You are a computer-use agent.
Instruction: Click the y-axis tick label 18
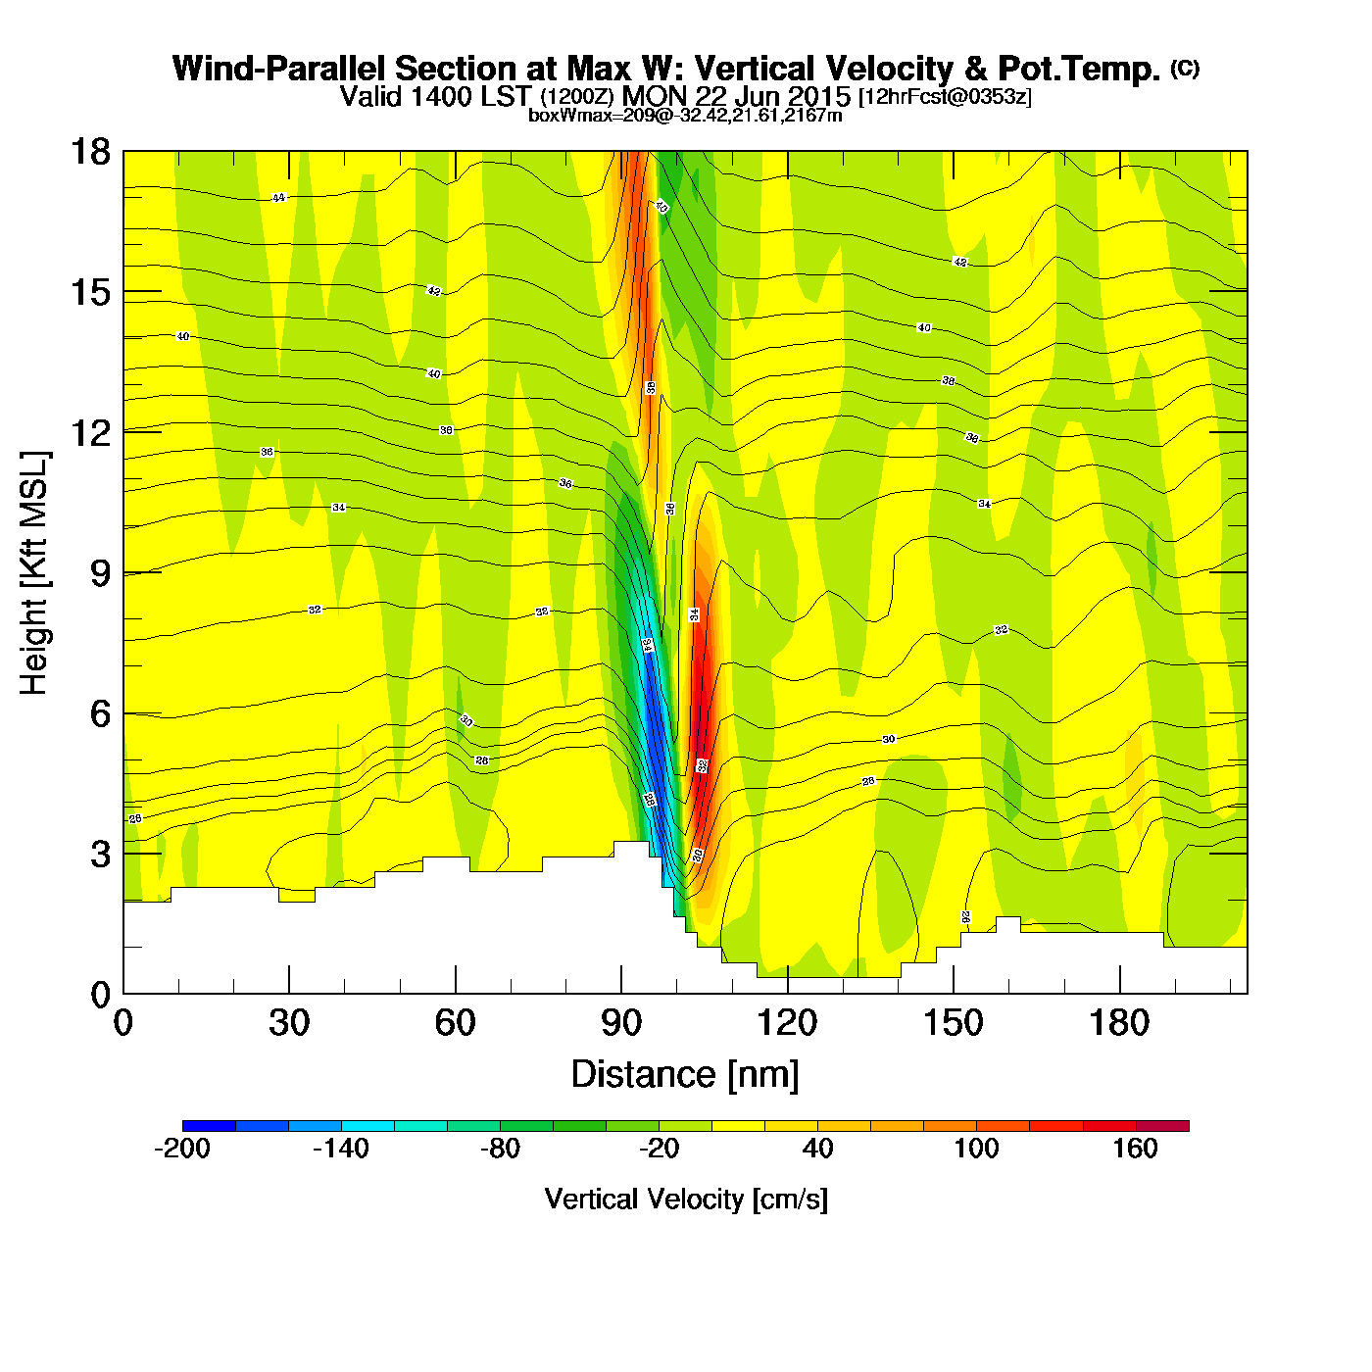[90, 152]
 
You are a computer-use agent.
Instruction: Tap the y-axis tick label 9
[100, 573]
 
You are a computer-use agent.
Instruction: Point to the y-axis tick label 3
[100, 855]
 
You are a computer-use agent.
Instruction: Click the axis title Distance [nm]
[685, 1075]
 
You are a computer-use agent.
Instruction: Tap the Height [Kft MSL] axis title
[34, 573]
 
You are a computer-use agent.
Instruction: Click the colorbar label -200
[182, 1149]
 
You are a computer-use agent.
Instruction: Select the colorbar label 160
[1135, 1149]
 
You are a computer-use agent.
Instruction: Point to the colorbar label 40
[817, 1149]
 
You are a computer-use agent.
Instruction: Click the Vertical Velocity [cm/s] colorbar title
[686, 1199]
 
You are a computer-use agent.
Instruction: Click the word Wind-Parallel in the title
[280, 69]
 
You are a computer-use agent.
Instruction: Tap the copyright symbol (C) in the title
[1184, 68]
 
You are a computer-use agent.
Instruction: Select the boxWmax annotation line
[685, 115]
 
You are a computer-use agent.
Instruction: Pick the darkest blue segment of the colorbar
[209, 1125]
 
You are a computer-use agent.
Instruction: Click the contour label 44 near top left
[278, 198]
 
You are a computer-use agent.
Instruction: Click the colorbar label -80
[500, 1149]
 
